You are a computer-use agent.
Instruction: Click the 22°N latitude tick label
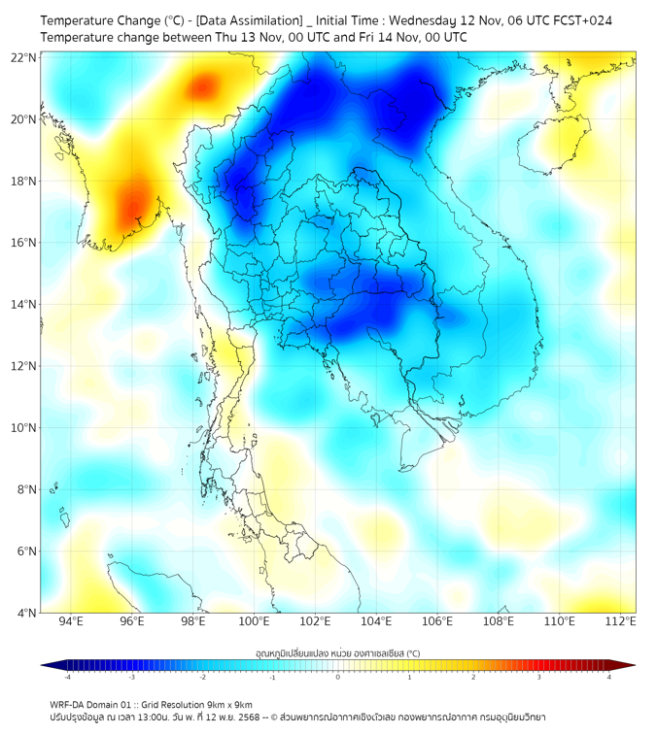click(23, 57)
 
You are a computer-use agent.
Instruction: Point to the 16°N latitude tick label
click(23, 243)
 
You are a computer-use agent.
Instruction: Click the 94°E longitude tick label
click(71, 622)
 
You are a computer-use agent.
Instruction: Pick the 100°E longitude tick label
click(255, 622)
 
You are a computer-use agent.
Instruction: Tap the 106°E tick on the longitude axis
click(438, 622)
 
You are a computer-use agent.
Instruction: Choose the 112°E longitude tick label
click(622, 622)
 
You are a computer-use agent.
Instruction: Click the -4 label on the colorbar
click(67, 677)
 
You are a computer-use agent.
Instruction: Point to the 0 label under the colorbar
click(338, 677)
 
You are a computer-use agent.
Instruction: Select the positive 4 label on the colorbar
click(608, 677)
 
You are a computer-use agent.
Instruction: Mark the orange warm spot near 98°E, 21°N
click(202, 88)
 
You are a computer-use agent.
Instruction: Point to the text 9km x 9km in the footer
click(225, 704)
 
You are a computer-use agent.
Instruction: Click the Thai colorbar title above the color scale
click(337, 652)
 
